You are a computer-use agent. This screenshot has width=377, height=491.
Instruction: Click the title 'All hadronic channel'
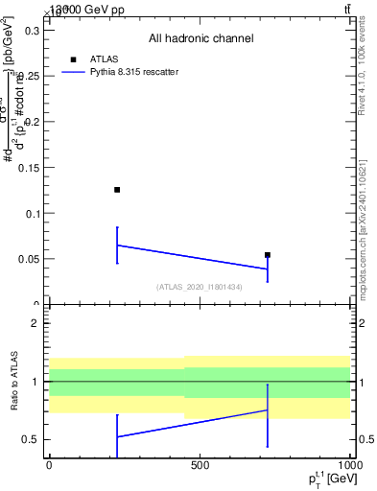click(200, 38)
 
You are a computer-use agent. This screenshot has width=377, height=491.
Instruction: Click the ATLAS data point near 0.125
click(117, 190)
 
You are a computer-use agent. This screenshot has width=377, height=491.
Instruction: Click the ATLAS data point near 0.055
click(268, 255)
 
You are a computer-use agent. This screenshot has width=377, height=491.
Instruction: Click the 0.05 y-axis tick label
click(29, 259)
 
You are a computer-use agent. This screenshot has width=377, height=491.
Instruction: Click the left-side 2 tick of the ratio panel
click(35, 324)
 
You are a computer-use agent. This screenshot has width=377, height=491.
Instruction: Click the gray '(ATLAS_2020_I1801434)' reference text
click(200, 287)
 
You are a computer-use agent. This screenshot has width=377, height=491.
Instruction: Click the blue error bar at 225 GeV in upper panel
click(117, 245)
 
